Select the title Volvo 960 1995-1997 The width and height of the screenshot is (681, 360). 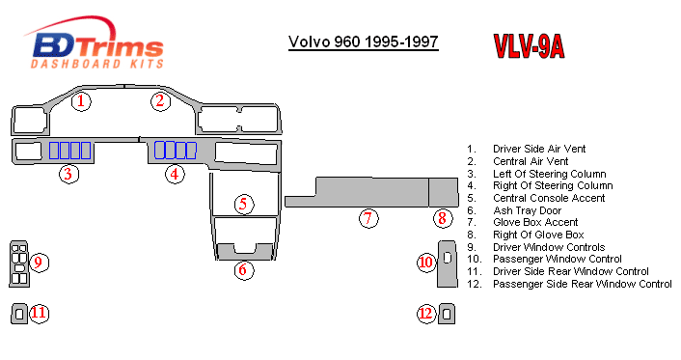coord(364,42)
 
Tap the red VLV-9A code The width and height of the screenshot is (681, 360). coord(529,45)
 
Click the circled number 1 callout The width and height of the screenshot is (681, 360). coord(81,101)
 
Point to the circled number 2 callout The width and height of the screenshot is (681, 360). coord(160,101)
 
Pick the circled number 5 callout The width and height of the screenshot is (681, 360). coord(244,204)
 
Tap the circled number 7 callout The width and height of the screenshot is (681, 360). coord(368,218)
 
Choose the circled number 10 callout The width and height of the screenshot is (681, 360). coord(426,263)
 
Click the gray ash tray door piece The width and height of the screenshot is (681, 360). coord(226,255)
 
